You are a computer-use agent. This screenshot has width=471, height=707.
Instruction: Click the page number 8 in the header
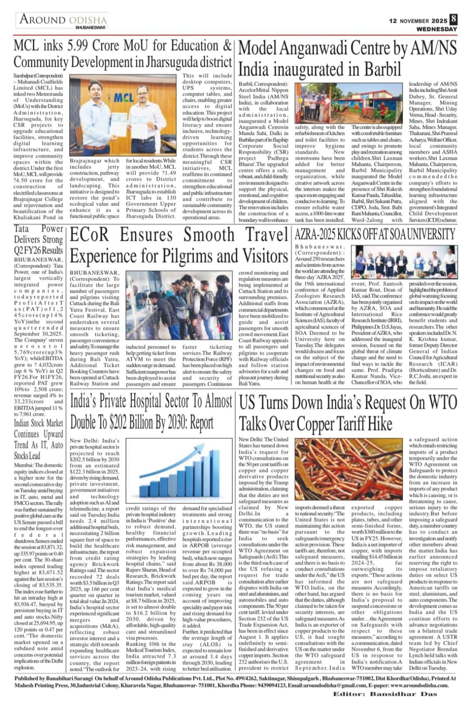coord(453,20)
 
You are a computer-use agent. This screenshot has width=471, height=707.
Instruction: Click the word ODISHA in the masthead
coord(87,20)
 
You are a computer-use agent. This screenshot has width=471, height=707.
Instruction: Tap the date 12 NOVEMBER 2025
coord(418,21)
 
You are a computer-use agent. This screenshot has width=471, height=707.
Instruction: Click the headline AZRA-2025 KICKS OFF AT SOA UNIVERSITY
coord(375,234)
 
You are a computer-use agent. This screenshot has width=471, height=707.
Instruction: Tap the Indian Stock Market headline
coord(38,439)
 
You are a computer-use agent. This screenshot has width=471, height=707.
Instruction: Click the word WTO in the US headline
coord(441,403)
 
